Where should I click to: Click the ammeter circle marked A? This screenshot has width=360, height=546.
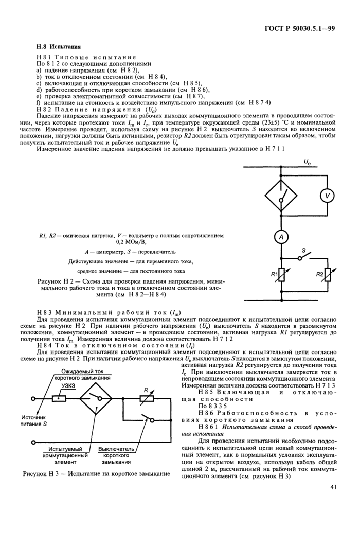281,236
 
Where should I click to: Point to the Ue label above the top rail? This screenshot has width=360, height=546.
307,162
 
